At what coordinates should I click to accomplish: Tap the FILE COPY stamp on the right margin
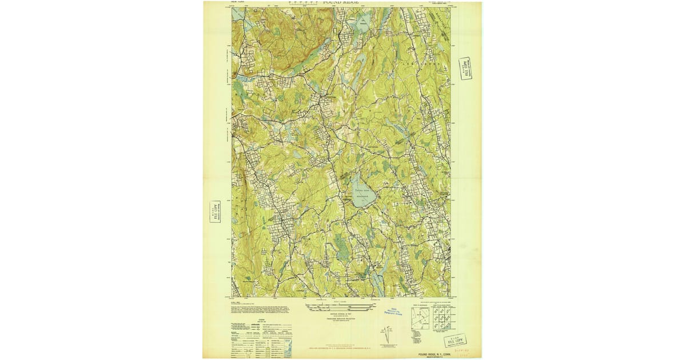point(465,69)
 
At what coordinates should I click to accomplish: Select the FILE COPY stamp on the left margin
point(216,213)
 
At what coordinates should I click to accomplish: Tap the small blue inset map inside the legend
point(288,346)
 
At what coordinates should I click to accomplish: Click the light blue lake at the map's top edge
point(362,25)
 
